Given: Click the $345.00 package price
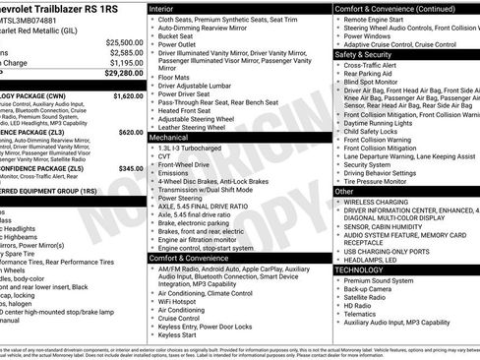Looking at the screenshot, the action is point(129,168).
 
